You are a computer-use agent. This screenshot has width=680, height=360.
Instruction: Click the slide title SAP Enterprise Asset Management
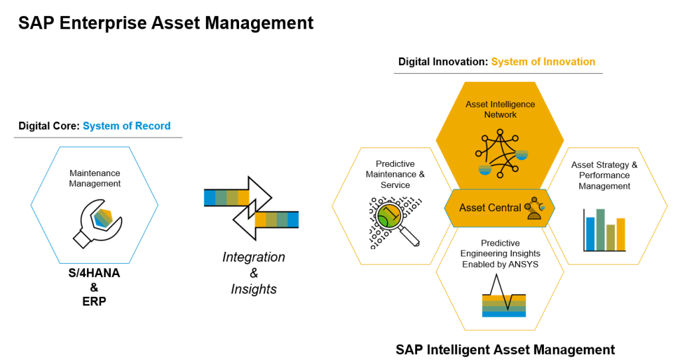coord(166,23)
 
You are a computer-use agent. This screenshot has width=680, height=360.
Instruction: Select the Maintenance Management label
coord(95,178)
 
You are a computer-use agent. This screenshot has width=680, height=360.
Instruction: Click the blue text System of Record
coord(126,126)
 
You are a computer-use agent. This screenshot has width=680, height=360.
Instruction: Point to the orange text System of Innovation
coord(543,62)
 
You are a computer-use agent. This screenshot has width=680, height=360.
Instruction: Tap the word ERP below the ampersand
coord(94,301)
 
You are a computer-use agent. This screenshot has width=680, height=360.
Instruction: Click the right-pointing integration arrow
coord(238,197)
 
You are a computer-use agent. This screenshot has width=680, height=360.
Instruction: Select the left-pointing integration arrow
coord(266,219)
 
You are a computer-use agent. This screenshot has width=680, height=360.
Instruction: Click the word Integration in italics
coord(254,257)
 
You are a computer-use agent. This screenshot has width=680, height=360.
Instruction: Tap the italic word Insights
coord(254,289)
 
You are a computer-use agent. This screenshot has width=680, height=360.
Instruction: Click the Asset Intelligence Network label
coord(500,110)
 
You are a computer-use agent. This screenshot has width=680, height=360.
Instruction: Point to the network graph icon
coord(500,153)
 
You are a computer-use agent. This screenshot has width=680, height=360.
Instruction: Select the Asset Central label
coord(490,208)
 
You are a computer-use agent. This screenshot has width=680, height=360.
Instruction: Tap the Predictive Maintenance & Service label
coord(395,174)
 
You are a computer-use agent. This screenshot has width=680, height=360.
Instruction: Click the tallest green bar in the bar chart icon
coord(600,228)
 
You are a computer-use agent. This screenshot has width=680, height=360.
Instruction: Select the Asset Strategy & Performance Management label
coord(604,175)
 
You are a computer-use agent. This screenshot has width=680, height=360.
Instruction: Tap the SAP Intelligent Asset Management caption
coord(505,349)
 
